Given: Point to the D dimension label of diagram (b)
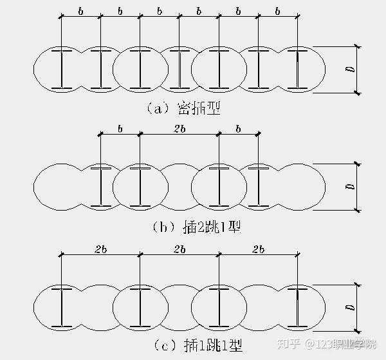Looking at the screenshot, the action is click(x=348, y=187).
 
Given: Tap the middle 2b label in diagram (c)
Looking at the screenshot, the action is click(x=179, y=249).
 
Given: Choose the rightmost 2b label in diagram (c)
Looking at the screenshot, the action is click(x=259, y=249).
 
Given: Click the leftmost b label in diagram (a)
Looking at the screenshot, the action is click(x=80, y=11).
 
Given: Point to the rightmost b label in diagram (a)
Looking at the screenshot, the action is click(x=278, y=11).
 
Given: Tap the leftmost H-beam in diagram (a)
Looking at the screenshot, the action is click(x=62, y=68).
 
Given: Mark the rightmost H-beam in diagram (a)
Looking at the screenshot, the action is click(x=298, y=68).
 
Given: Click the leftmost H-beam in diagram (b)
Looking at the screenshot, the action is click(x=101, y=187).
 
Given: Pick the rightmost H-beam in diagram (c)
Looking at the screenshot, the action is click(x=298, y=307).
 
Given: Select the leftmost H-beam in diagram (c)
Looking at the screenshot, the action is click(x=62, y=307).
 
